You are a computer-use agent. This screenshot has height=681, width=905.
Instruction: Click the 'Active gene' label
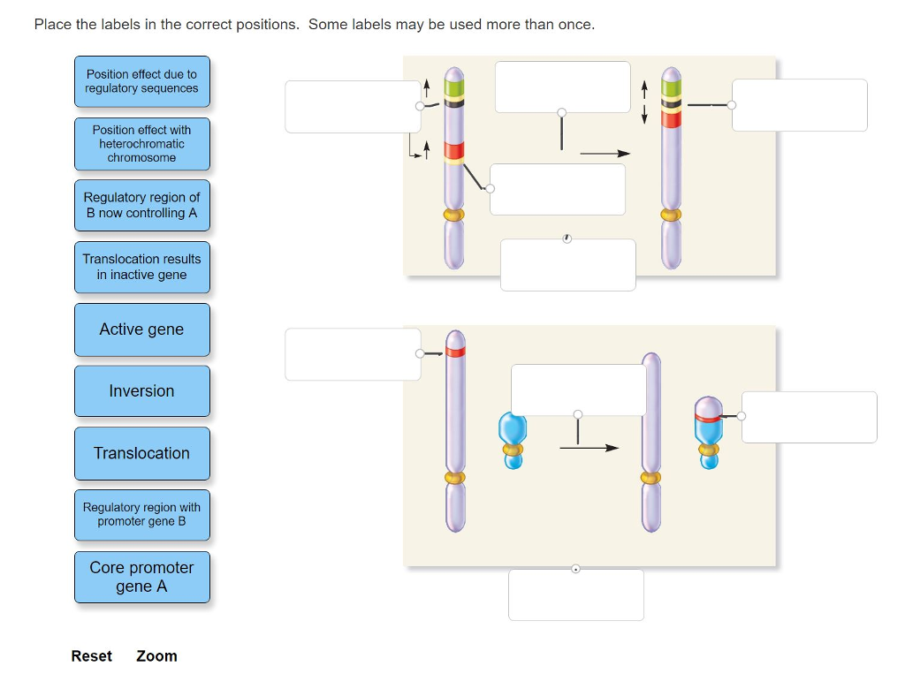click(x=141, y=329)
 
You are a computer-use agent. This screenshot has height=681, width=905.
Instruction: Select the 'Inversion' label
click(x=141, y=391)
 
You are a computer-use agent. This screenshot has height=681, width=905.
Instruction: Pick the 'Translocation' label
click(x=141, y=453)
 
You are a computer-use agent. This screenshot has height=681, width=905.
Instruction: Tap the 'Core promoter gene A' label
click(x=141, y=577)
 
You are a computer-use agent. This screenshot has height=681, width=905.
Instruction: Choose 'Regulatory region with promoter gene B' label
click(x=141, y=514)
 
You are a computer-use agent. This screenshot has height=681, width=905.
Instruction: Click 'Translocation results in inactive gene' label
click(x=141, y=267)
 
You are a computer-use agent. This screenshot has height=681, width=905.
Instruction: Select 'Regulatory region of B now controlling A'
click(x=141, y=205)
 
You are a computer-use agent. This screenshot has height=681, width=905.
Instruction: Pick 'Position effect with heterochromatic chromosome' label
click(x=141, y=143)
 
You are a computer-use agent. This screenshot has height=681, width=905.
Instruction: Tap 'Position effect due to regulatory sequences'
click(x=141, y=81)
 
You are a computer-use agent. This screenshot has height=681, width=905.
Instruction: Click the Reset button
click(x=92, y=656)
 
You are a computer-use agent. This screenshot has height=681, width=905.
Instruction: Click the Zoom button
click(x=156, y=656)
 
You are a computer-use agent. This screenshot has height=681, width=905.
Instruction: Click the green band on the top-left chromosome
click(x=454, y=87)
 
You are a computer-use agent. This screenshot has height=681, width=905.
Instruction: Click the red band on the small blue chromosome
click(x=706, y=416)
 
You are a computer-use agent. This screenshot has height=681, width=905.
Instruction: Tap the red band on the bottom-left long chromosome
click(x=455, y=352)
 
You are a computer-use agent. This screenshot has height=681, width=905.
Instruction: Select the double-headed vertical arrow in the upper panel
click(x=645, y=102)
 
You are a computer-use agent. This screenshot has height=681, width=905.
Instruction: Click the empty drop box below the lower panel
click(x=575, y=594)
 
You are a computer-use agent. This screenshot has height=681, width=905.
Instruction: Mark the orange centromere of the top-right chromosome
click(x=671, y=215)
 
